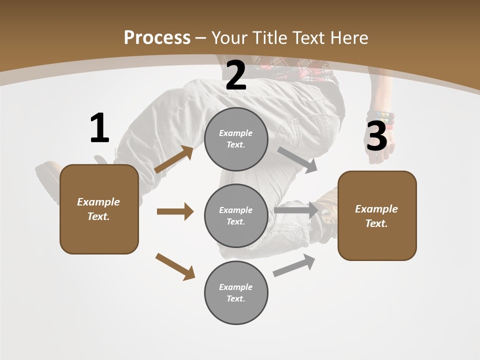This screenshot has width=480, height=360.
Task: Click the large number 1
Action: tap(99, 128)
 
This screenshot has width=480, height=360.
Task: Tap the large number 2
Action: tap(236, 76)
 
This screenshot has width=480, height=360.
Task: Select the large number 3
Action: tap(377, 136)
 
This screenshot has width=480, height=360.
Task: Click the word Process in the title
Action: tap(157, 37)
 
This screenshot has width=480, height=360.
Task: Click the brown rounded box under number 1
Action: tap(99, 209)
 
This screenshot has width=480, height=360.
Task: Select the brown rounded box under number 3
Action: tap(377, 215)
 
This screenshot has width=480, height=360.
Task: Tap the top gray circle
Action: tap(236, 139)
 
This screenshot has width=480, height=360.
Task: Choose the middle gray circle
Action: tap(236, 215)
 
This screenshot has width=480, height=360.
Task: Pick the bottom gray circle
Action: tap(236, 292)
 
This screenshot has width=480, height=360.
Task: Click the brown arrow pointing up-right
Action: tap(174, 159)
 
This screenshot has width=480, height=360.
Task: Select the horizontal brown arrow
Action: tap(175, 211)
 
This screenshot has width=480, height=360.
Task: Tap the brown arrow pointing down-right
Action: tap(175, 266)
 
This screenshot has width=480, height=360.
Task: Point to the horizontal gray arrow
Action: tap(296, 210)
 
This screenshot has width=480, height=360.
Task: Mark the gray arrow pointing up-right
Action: tap(294, 265)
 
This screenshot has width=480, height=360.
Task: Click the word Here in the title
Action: tap(349, 37)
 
